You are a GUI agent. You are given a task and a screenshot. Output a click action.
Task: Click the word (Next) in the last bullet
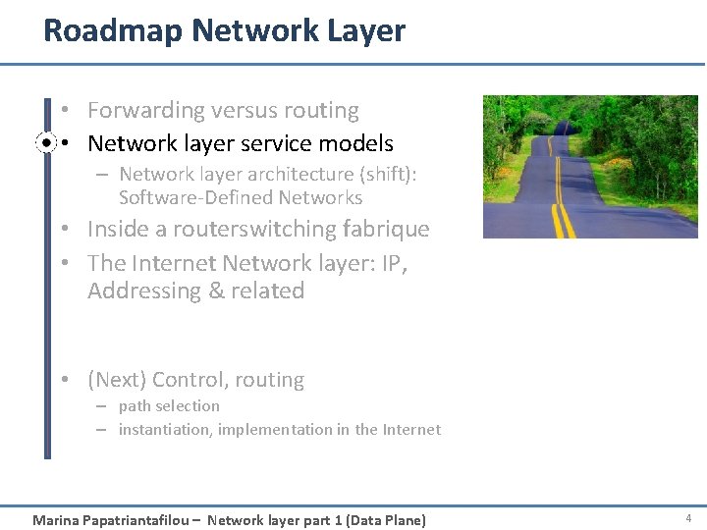[x=117, y=380]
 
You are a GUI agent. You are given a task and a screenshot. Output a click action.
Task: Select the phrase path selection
[x=169, y=405]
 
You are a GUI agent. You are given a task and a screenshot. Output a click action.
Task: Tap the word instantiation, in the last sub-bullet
[x=165, y=429]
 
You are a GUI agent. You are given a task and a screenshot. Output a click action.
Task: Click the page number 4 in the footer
[x=688, y=517]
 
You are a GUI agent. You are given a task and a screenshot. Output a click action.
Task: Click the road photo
[x=589, y=166]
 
